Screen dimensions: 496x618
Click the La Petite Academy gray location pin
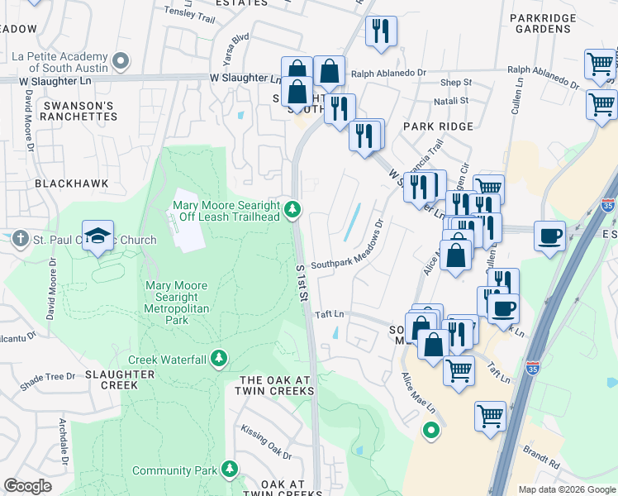[x=121, y=60]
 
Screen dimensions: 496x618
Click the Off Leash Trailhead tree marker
[x=292, y=211]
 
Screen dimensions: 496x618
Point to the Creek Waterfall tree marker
[x=219, y=359]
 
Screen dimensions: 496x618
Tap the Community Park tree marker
[x=230, y=470]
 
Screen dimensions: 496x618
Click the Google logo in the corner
[x=27, y=486]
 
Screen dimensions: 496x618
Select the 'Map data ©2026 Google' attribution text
[x=567, y=489]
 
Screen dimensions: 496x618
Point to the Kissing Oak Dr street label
[x=266, y=442]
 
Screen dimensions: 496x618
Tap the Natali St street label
[x=453, y=101]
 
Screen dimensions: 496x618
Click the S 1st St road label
[x=303, y=283]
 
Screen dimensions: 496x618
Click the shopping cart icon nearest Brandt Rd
[x=490, y=416]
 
